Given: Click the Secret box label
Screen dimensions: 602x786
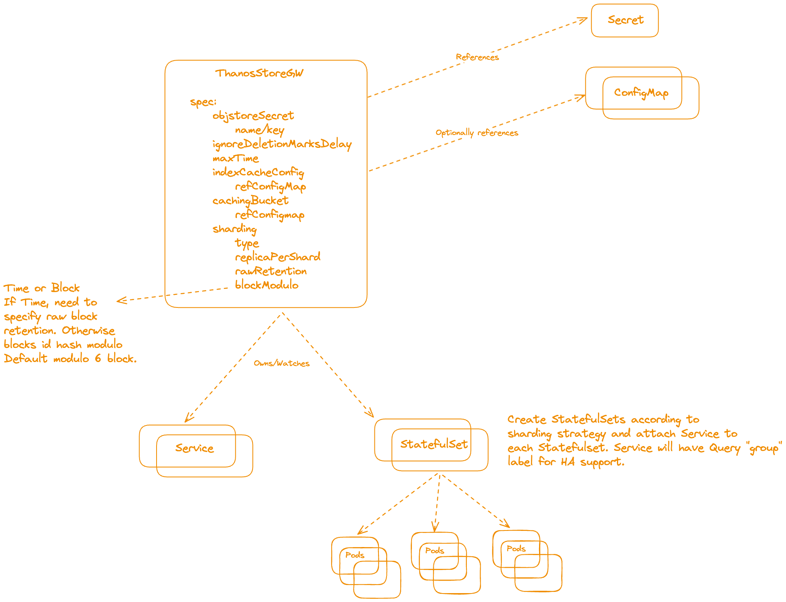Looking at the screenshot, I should click(x=625, y=20).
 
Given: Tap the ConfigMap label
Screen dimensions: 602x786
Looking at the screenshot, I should click(x=641, y=93).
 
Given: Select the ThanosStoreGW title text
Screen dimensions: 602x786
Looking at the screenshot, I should click(x=259, y=73).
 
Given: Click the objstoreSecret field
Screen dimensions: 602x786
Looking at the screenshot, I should click(x=253, y=116).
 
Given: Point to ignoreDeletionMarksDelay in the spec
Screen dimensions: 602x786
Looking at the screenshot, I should click(x=282, y=144).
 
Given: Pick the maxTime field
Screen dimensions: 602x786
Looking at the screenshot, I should click(x=236, y=158).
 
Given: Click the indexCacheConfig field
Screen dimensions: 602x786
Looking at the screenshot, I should click(x=258, y=173).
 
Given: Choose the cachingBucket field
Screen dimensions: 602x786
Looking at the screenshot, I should click(x=250, y=201).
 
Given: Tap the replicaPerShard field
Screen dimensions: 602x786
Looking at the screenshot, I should click(x=278, y=257).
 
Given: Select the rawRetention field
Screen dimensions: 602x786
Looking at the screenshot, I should click(x=271, y=271).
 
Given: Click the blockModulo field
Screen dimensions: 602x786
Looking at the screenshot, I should click(x=267, y=285).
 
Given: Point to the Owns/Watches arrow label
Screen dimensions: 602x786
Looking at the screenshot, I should click(x=282, y=363).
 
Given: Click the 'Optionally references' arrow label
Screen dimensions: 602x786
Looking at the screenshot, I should click(x=477, y=133).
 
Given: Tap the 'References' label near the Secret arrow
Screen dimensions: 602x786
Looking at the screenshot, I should click(x=477, y=57).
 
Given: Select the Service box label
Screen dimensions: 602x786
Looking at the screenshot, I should click(x=194, y=448).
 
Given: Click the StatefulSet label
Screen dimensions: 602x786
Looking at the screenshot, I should click(x=434, y=444).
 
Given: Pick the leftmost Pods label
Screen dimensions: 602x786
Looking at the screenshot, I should click(x=355, y=555).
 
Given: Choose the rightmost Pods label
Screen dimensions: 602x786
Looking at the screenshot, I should click(x=516, y=549).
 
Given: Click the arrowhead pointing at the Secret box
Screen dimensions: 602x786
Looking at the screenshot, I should click(x=585, y=19).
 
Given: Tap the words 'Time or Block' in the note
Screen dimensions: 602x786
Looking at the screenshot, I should click(x=42, y=288).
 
